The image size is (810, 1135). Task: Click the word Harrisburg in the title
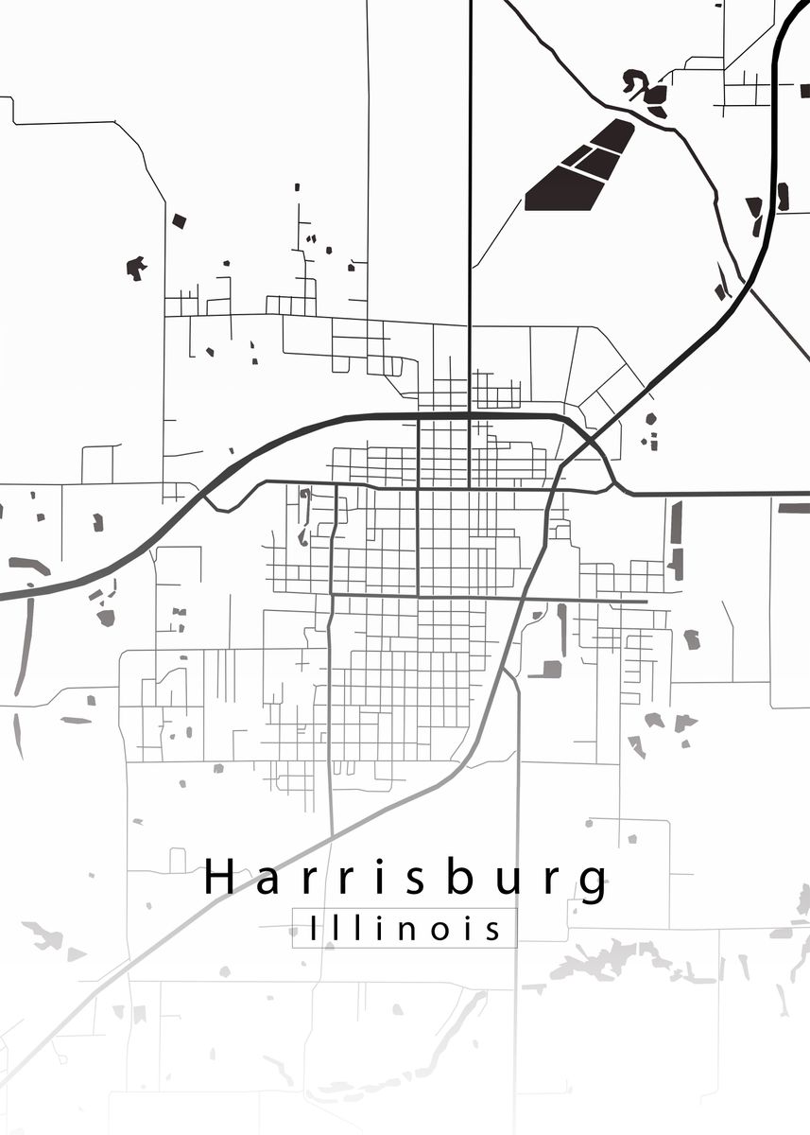pos(406,879)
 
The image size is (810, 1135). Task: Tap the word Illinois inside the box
pos(405,929)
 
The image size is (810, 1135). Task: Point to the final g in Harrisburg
pos(595,883)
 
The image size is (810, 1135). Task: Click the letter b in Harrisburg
pos(454,877)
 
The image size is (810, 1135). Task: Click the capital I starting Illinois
pos(315,929)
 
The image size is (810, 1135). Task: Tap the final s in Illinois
pos(491,931)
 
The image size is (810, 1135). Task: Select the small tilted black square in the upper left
pos(179,220)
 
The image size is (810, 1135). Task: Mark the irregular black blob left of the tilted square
pos(136,268)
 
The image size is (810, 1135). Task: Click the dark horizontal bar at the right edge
pos(794,508)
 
